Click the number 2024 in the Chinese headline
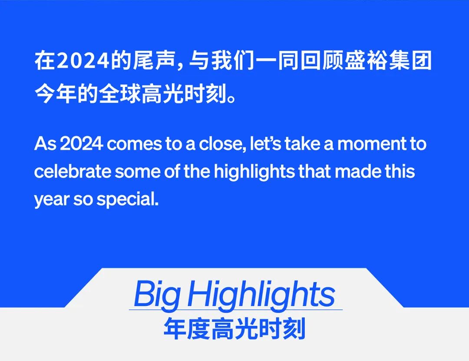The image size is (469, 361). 83,61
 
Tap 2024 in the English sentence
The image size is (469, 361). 81,144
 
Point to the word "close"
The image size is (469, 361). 222,144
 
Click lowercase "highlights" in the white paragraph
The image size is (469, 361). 254,172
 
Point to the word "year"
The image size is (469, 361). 52,200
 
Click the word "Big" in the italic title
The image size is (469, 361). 157,295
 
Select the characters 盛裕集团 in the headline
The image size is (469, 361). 388,61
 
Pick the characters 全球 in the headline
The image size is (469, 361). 120,95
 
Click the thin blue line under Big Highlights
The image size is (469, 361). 236,309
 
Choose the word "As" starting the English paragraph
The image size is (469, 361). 45,144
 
